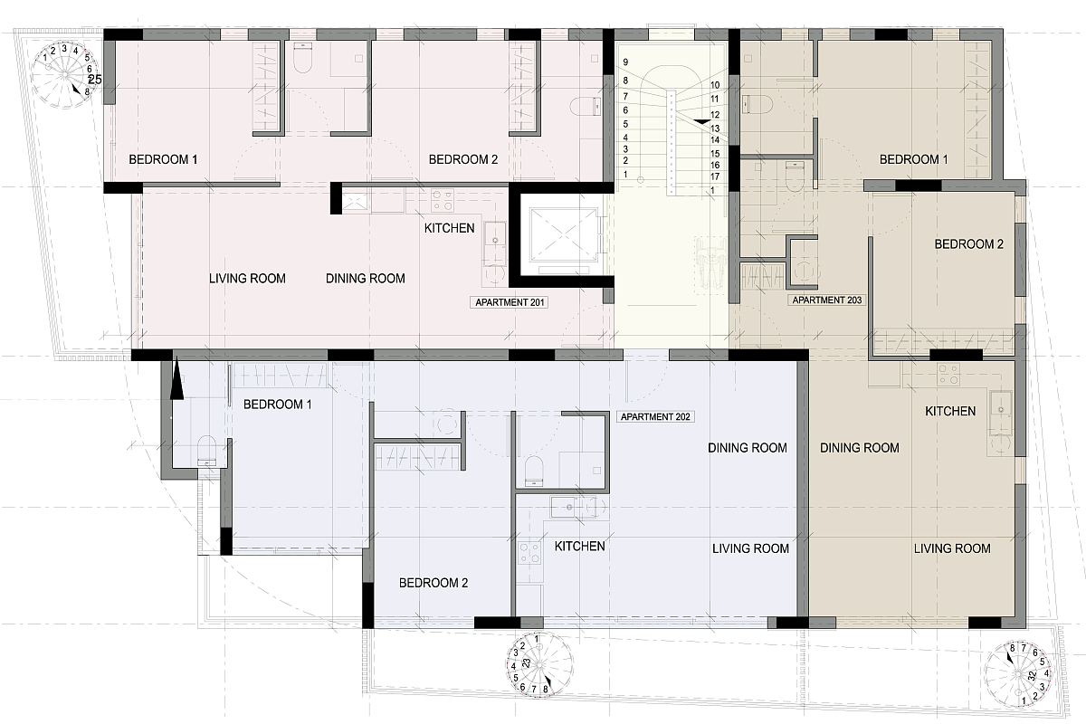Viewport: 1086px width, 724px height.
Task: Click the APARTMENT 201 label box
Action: pyautogui.click(x=509, y=302)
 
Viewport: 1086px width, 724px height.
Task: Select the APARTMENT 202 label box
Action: pyautogui.click(x=655, y=416)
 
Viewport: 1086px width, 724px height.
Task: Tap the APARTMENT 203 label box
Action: pyautogui.click(x=826, y=300)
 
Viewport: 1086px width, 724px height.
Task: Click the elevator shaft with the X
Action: pyautogui.click(x=563, y=235)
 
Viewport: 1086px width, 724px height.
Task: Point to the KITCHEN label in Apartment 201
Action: pyautogui.click(x=450, y=228)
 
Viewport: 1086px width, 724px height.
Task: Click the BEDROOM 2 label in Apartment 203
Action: pyautogui.click(x=968, y=244)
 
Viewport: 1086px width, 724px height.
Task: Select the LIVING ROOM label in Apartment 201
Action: pyautogui.click(x=247, y=279)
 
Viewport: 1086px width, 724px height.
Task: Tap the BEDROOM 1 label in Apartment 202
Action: pyautogui.click(x=277, y=405)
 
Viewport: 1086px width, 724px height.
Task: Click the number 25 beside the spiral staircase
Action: pyautogui.click(x=95, y=80)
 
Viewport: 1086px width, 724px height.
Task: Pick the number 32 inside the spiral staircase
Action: pyautogui.click(x=1033, y=675)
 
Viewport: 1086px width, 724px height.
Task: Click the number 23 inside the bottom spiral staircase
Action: pyautogui.click(x=527, y=663)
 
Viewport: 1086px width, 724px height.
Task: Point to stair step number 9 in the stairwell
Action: pyautogui.click(x=625, y=62)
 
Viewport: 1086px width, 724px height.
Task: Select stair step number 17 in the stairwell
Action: pyautogui.click(x=715, y=176)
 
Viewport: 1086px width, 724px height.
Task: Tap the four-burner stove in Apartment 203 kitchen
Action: pyautogui.click(x=948, y=375)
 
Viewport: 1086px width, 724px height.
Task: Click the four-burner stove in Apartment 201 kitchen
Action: pyautogui.click(x=443, y=201)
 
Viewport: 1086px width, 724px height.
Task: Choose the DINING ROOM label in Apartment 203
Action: pyautogui.click(x=860, y=448)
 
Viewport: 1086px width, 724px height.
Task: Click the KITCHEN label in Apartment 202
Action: pyautogui.click(x=580, y=547)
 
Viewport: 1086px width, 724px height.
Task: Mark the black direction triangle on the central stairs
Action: pyautogui.click(x=700, y=122)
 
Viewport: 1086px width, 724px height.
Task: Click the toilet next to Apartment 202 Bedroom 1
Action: pyautogui.click(x=207, y=451)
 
